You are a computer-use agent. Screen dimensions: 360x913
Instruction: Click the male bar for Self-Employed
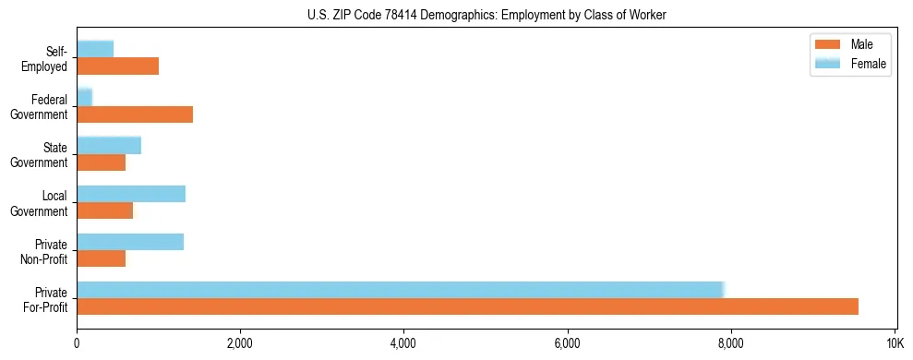click(118, 66)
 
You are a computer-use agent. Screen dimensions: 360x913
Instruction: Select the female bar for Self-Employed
click(95, 49)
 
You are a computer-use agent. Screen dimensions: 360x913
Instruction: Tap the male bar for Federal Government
click(135, 114)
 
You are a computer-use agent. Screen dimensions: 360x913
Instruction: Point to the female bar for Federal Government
click(85, 97)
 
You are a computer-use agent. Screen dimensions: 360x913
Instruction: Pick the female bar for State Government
click(109, 145)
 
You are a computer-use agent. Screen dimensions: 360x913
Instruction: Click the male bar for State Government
click(102, 162)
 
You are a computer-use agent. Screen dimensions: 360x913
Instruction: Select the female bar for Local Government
click(131, 194)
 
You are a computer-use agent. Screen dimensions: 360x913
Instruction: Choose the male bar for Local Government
click(105, 210)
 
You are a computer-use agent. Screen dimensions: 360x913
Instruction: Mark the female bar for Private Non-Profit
click(130, 242)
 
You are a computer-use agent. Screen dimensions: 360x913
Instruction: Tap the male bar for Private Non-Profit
click(102, 258)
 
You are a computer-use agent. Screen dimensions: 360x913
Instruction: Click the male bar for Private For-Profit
click(467, 306)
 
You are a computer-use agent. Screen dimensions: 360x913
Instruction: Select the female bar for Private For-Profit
click(401, 290)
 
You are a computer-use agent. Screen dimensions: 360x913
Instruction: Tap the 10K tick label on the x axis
click(894, 343)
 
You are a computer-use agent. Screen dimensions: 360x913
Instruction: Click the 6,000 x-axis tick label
click(567, 343)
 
